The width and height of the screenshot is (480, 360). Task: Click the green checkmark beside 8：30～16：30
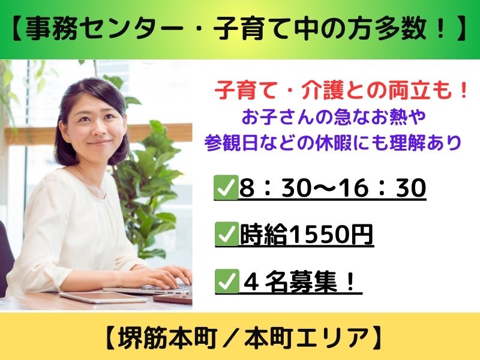227,187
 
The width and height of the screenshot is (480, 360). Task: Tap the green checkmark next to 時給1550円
227,234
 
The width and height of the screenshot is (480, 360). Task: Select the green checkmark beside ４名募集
227,281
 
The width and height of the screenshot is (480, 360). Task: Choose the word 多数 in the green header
404,29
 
